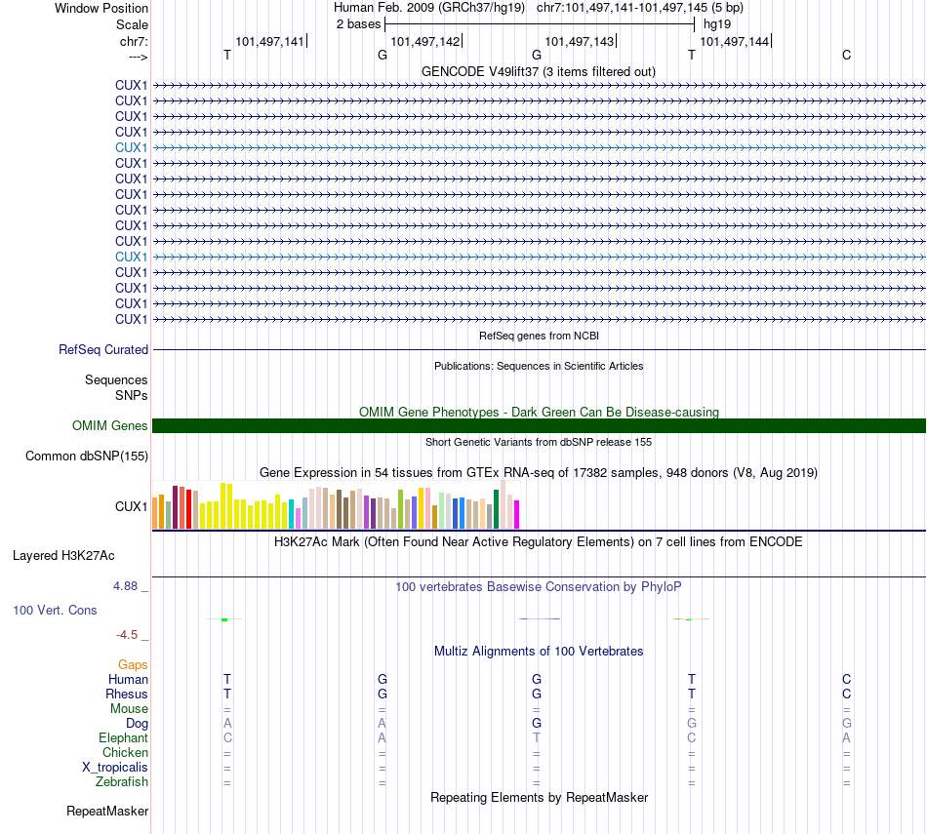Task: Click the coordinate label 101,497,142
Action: [424, 41]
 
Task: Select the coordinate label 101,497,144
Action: [735, 41]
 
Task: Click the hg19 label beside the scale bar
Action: [716, 22]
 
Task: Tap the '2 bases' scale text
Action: [359, 22]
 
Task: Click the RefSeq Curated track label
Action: [103, 349]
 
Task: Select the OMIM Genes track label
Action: [110, 425]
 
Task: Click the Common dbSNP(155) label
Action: [87, 456]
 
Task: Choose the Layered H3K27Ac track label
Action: [63, 556]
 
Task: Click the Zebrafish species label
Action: [122, 781]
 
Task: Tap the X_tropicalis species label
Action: [115, 767]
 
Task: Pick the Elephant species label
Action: [123, 738]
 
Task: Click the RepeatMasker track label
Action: [107, 811]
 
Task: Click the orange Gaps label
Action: [133, 664]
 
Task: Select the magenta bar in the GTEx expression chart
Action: [517, 514]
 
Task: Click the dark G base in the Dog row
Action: [537, 723]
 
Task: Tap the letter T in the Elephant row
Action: [537, 737]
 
